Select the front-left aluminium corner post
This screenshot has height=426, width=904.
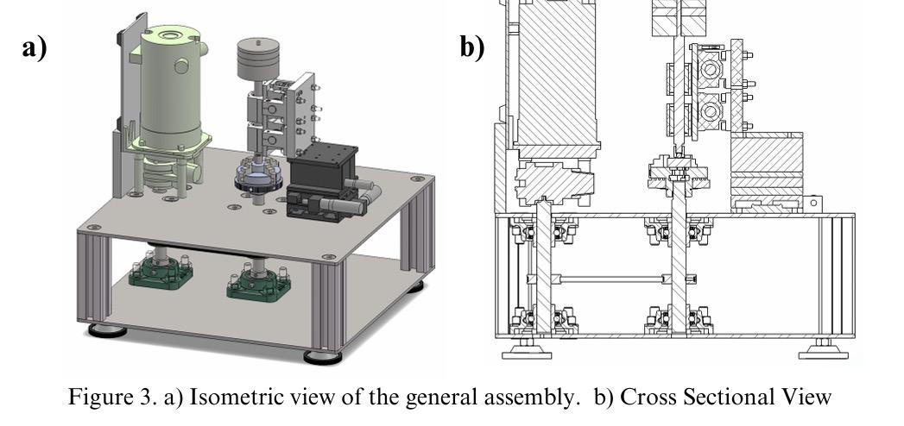(98, 276)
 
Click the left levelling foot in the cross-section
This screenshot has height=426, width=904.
(524, 350)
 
